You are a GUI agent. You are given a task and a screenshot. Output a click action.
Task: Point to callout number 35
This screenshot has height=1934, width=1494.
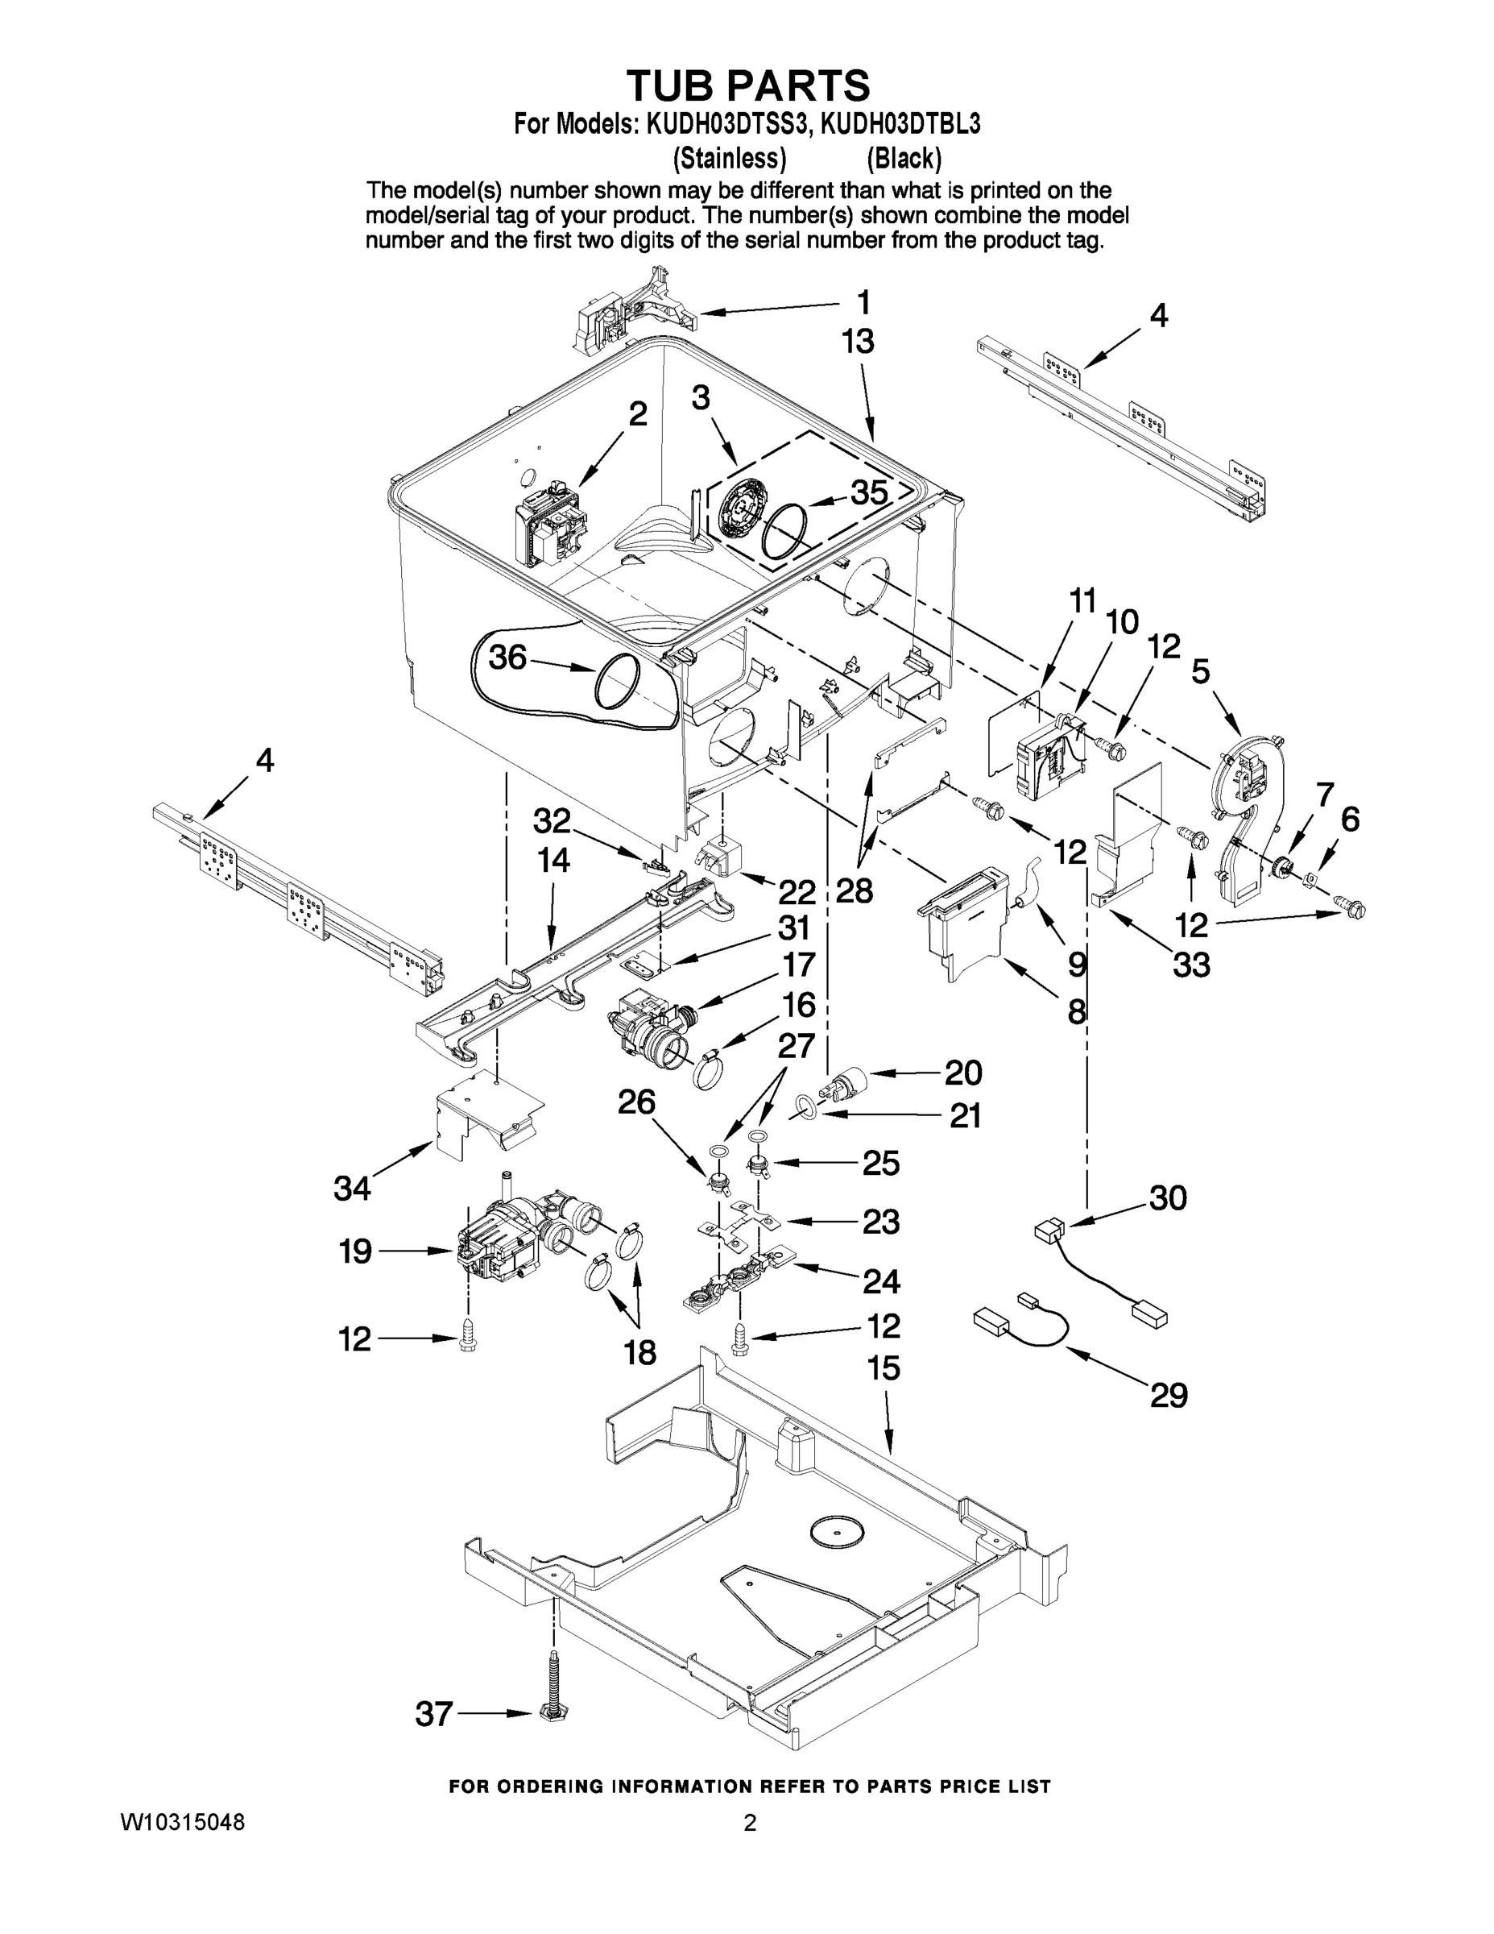pyautogui.click(x=868, y=492)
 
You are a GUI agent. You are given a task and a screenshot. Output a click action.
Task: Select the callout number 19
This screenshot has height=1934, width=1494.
pyautogui.click(x=355, y=1251)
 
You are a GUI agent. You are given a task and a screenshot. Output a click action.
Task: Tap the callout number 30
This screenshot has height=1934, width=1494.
pyautogui.click(x=1167, y=1197)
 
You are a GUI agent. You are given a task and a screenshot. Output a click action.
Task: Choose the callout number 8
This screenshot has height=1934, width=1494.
pyautogui.click(x=1076, y=1011)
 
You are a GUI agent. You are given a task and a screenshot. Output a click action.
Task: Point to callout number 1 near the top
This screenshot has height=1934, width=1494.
pyautogui.click(x=863, y=303)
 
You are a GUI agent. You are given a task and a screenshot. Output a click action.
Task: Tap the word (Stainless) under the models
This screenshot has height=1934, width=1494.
pyautogui.click(x=730, y=159)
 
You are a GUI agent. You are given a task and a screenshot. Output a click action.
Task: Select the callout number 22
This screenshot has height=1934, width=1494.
pyautogui.click(x=796, y=890)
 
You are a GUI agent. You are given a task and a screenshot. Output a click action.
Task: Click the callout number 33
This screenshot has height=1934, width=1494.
pyautogui.click(x=1191, y=964)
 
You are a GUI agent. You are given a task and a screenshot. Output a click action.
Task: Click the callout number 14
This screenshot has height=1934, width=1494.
pyautogui.click(x=553, y=860)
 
